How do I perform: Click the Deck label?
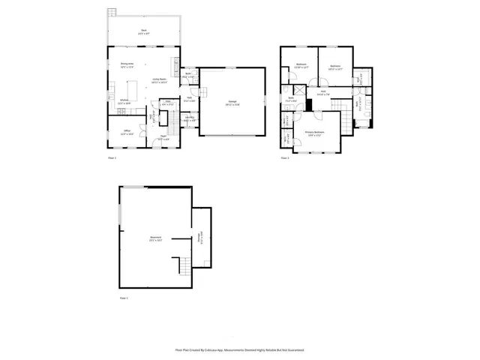[x=143, y=31]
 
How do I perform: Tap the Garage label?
[x=232, y=103]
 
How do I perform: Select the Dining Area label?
[x=127, y=65]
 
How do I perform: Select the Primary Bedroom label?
[x=313, y=133]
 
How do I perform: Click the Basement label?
[x=155, y=239]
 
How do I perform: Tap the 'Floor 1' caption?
[x=124, y=299]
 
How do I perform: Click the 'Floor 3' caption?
[x=285, y=158]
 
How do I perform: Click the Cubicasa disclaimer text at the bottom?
[x=239, y=350]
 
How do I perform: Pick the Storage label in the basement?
[x=199, y=238]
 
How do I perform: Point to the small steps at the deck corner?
[x=112, y=13]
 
